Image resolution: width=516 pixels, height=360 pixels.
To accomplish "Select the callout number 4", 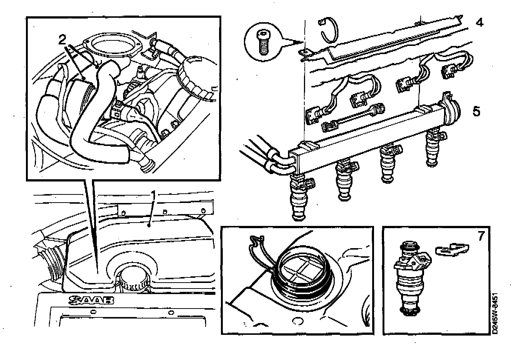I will click(x=479, y=23).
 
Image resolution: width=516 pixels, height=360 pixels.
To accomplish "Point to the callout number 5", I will click(x=476, y=111).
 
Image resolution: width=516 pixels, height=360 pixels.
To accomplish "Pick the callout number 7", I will click(x=481, y=236).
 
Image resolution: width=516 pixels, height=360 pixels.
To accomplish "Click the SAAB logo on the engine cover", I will click(x=91, y=300).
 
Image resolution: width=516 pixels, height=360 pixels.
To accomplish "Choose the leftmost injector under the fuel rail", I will click(x=300, y=198).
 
